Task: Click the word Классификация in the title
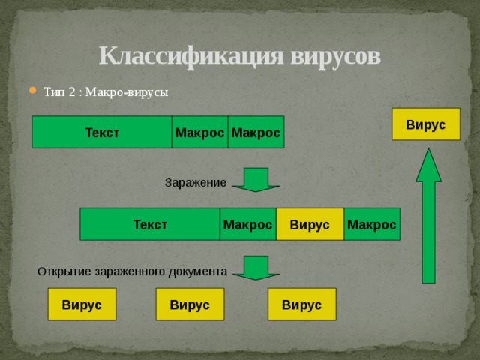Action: (x=191, y=56)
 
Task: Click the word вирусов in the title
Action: (x=334, y=56)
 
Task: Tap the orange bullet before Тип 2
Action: (x=31, y=91)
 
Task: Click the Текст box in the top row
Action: (x=101, y=133)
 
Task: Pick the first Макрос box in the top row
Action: (x=199, y=133)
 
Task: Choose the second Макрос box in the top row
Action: (x=256, y=133)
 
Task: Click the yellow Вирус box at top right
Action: (x=426, y=124)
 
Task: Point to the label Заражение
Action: (x=195, y=182)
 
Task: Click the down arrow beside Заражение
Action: (x=256, y=180)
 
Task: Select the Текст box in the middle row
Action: (x=149, y=224)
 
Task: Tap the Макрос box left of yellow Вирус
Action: (x=247, y=224)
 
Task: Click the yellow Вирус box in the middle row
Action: (x=310, y=224)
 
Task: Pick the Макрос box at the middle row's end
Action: (x=372, y=224)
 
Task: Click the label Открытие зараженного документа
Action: (x=132, y=271)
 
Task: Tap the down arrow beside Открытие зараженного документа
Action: (x=256, y=268)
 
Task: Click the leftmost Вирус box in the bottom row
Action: (x=82, y=304)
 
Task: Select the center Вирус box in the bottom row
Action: (x=190, y=304)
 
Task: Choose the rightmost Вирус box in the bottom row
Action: (x=301, y=304)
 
